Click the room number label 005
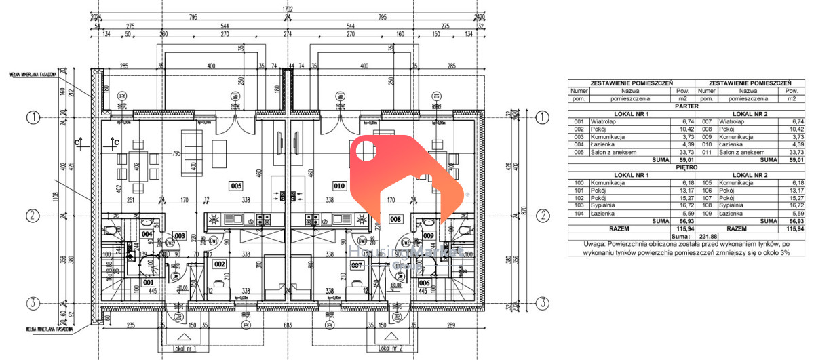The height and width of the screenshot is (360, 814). pos(236,185)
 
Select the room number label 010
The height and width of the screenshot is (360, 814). pos(339,185)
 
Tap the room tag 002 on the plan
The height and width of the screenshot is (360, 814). pos(219,264)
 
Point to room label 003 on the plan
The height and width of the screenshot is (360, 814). pos(179,235)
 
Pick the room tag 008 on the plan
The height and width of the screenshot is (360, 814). pos(395,219)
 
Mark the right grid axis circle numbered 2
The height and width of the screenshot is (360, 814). pos(542,216)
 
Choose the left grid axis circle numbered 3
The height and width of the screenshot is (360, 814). pos(32,302)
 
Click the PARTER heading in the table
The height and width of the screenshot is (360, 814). pos(682,106)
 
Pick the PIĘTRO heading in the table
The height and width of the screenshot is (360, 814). pos(682,167)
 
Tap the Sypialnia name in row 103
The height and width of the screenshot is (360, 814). pos(604,205)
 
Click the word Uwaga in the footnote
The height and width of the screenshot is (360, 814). pos(598,244)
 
